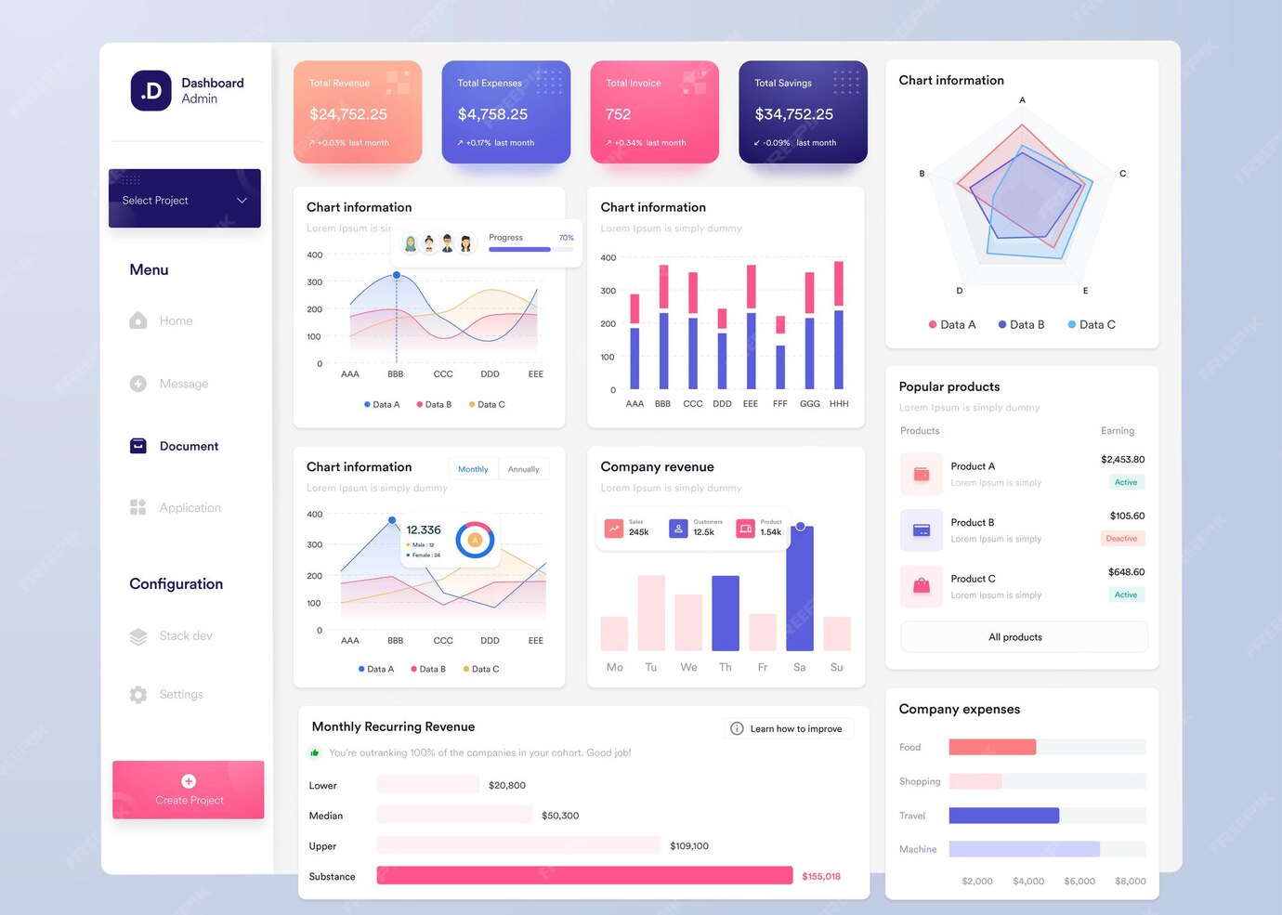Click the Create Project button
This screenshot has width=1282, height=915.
pyautogui.click(x=189, y=790)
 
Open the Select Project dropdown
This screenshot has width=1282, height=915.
pyautogui.click(x=185, y=200)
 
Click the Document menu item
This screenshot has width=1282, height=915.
pyautogui.click(x=189, y=446)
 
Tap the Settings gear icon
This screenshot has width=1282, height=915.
pyautogui.click(x=138, y=695)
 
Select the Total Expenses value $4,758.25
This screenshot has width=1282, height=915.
pyautogui.click(x=492, y=114)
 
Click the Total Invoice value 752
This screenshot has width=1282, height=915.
pyautogui.click(x=618, y=114)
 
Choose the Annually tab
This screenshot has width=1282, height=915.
pyautogui.click(x=523, y=469)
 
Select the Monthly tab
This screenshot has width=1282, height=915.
pyautogui.click(x=473, y=469)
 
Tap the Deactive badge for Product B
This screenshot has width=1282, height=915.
pyautogui.click(x=1121, y=539)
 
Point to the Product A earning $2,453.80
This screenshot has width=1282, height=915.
pyautogui.click(x=1122, y=460)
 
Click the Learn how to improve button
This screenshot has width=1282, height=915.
pyautogui.click(x=788, y=729)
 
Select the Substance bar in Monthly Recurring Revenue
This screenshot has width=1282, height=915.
pyautogui.click(x=584, y=876)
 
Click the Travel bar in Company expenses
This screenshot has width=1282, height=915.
pyautogui.click(x=1003, y=816)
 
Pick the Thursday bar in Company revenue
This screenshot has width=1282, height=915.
pyautogui.click(x=726, y=613)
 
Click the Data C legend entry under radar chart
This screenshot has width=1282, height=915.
pyautogui.click(x=1092, y=325)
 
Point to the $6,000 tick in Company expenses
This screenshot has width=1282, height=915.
pyautogui.click(x=1079, y=882)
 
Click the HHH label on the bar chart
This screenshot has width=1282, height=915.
pyautogui.click(x=839, y=404)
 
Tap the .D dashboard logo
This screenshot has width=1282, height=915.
pyautogui.click(x=150, y=91)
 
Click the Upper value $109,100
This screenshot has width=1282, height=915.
pyautogui.click(x=688, y=846)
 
